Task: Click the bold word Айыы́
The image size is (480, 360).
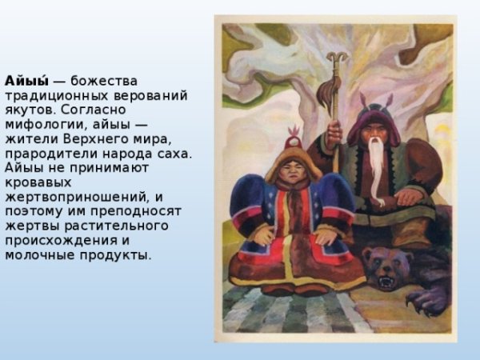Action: click(27, 81)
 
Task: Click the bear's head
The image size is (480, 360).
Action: click(386, 268)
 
